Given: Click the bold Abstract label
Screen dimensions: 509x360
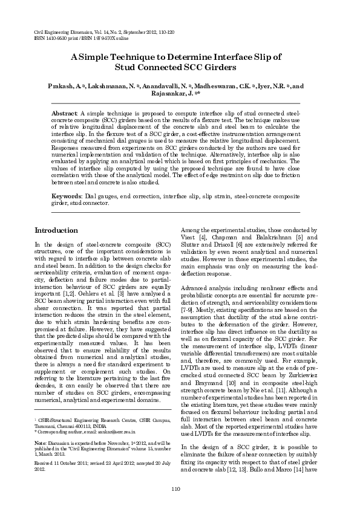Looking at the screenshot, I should click(x=64, y=113).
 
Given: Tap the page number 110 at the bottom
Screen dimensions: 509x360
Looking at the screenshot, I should click(x=177, y=488).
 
